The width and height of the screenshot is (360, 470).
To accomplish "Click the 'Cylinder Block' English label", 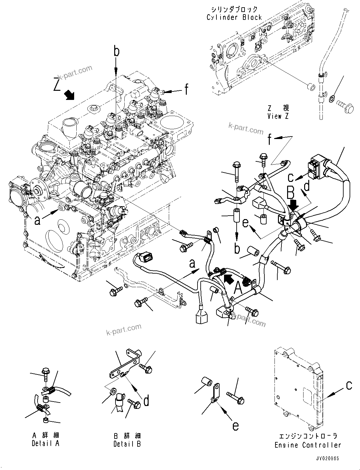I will tap(234, 17).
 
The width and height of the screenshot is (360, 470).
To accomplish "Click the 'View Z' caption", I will tap(278, 116).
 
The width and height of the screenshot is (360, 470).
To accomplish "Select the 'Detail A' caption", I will tap(45, 443).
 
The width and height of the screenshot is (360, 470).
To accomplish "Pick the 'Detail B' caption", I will tap(127, 444).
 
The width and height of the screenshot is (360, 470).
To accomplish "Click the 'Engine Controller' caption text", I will tap(308, 445).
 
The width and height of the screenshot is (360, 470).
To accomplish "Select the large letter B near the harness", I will tap(291, 194).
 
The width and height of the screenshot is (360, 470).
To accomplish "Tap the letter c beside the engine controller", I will tap(349, 385).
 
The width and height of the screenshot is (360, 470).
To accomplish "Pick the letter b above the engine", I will tap(116, 51).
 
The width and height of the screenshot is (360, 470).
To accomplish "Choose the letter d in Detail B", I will tap(146, 401).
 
